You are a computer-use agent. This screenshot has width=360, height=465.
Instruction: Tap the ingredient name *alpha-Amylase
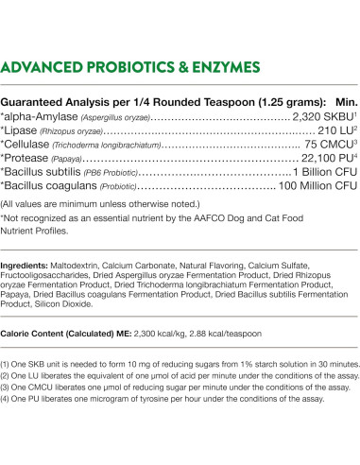point(41,116)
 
